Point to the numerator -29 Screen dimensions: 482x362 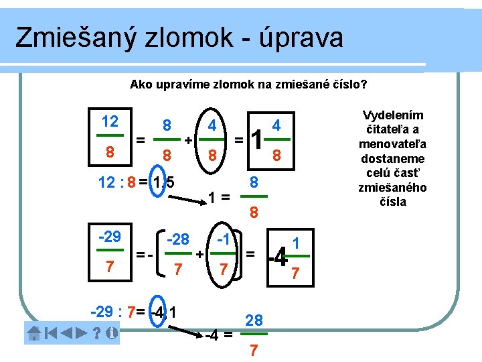tap(110, 237)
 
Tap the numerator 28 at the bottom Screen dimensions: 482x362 tap(254, 322)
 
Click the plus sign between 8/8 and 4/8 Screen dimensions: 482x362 tap(189, 140)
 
